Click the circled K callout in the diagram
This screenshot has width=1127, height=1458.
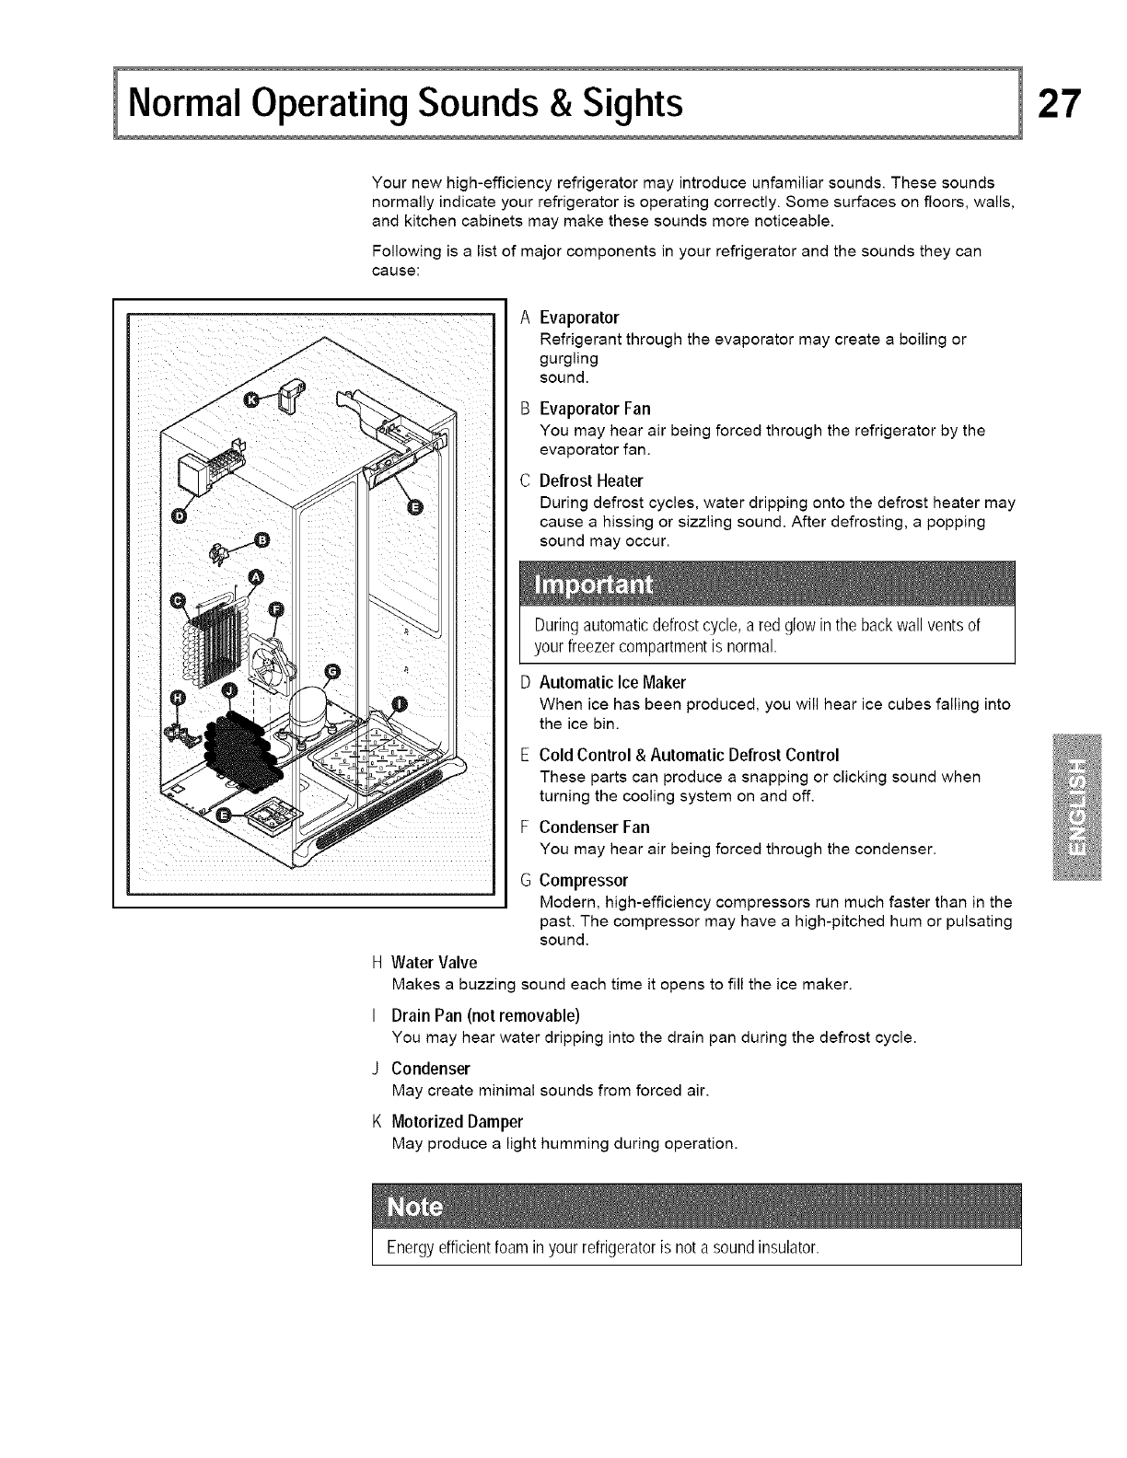coord(251,397)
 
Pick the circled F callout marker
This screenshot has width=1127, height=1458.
coord(273,610)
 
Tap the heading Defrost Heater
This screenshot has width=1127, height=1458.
coord(590,480)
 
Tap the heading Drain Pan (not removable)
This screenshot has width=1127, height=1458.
coord(485,1016)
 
